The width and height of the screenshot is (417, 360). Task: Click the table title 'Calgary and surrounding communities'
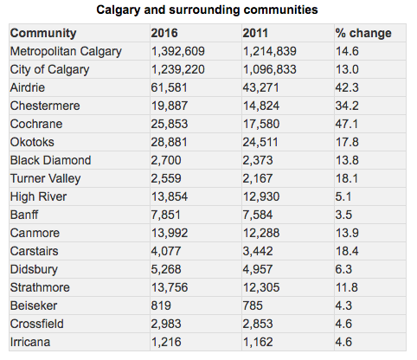click(x=207, y=10)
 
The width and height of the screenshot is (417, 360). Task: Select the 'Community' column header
click(x=43, y=33)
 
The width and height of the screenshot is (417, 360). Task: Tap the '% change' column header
click(x=363, y=33)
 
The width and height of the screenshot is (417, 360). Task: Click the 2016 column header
click(x=164, y=33)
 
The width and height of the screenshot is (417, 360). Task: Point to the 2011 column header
click(x=255, y=33)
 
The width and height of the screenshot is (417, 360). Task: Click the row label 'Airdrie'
click(x=28, y=87)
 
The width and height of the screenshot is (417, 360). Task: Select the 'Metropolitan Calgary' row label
click(x=66, y=52)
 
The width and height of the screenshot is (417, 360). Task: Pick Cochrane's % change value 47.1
click(x=347, y=124)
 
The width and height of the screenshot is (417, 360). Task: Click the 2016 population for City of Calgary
click(x=178, y=69)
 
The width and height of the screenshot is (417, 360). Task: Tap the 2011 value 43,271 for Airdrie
click(x=260, y=87)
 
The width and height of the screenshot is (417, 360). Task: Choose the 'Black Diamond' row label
click(x=51, y=160)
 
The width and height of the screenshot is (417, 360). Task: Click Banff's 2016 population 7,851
click(x=166, y=215)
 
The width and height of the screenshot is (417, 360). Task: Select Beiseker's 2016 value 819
click(x=161, y=305)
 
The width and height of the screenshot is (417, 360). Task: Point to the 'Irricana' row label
click(x=30, y=342)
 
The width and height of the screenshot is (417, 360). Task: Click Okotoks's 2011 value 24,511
click(x=260, y=142)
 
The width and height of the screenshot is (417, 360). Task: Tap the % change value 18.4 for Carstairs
click(x=347, y=251)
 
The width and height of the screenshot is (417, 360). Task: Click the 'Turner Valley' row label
click(x=46, y=179)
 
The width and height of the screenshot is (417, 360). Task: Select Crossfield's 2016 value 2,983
click(x=166, y=324)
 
